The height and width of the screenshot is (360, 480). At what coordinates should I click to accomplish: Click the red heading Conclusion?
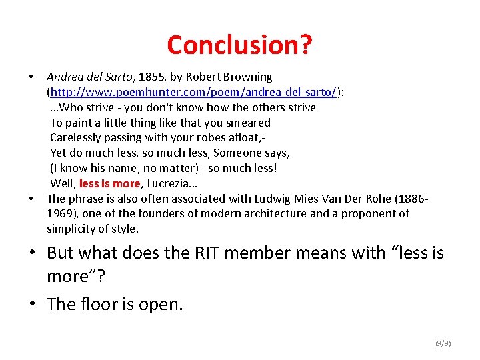tap(239, 45)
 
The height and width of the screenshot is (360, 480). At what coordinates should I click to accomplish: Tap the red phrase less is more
tap(109, 183)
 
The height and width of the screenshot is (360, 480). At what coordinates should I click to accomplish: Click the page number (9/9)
tap(443, 343)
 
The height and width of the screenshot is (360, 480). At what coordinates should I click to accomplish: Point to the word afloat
tap(247, 138)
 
